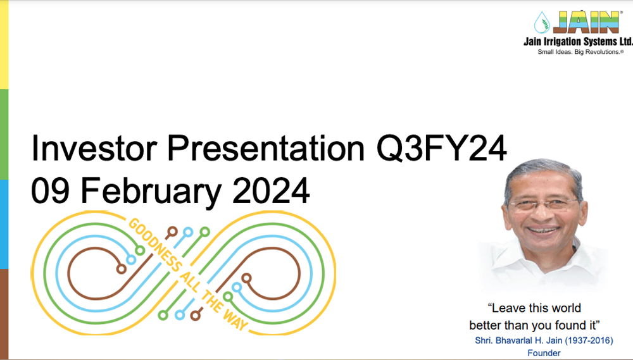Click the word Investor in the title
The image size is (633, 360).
click(x=94, y=148)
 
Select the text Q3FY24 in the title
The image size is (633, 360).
click(x=441, y=149)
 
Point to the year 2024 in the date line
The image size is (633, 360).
click(x=271, y=191)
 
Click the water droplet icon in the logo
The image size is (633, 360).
click(x=542, y=22)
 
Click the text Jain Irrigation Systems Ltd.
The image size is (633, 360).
click(x=578, y=42)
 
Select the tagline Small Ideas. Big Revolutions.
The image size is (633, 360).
click(x=580, y=52)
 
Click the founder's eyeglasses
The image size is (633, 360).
click(x=543, y=204)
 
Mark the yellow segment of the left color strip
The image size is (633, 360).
click(x=4, y=44)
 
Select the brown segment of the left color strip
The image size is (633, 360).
click(x=4, y=314)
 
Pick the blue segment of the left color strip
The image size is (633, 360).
click(x=4, y=224)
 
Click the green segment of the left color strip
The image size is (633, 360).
click(x=4, y=134)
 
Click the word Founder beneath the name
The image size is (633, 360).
click(x=544, y=353)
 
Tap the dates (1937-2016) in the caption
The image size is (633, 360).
click(x=588, y=340)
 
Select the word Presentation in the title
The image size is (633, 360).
click(x=266, y=148)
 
